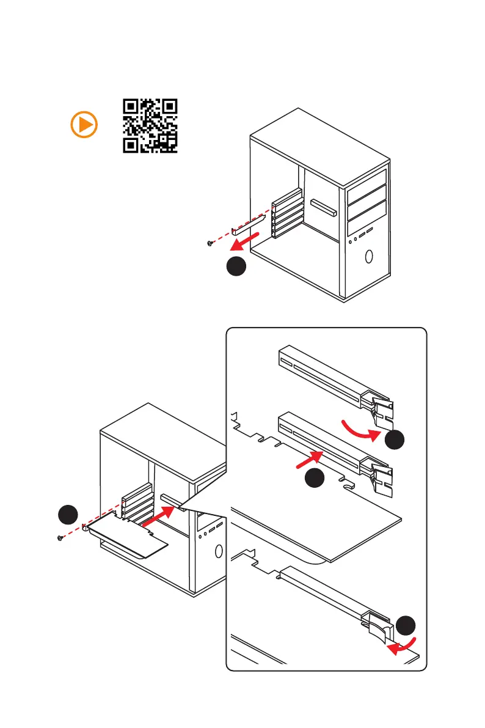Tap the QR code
click(150, 125)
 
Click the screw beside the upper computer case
click(210, 243)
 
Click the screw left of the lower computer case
click(60, 537)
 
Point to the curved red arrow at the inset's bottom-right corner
click(404, 647)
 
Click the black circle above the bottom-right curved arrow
click(406, 626)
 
